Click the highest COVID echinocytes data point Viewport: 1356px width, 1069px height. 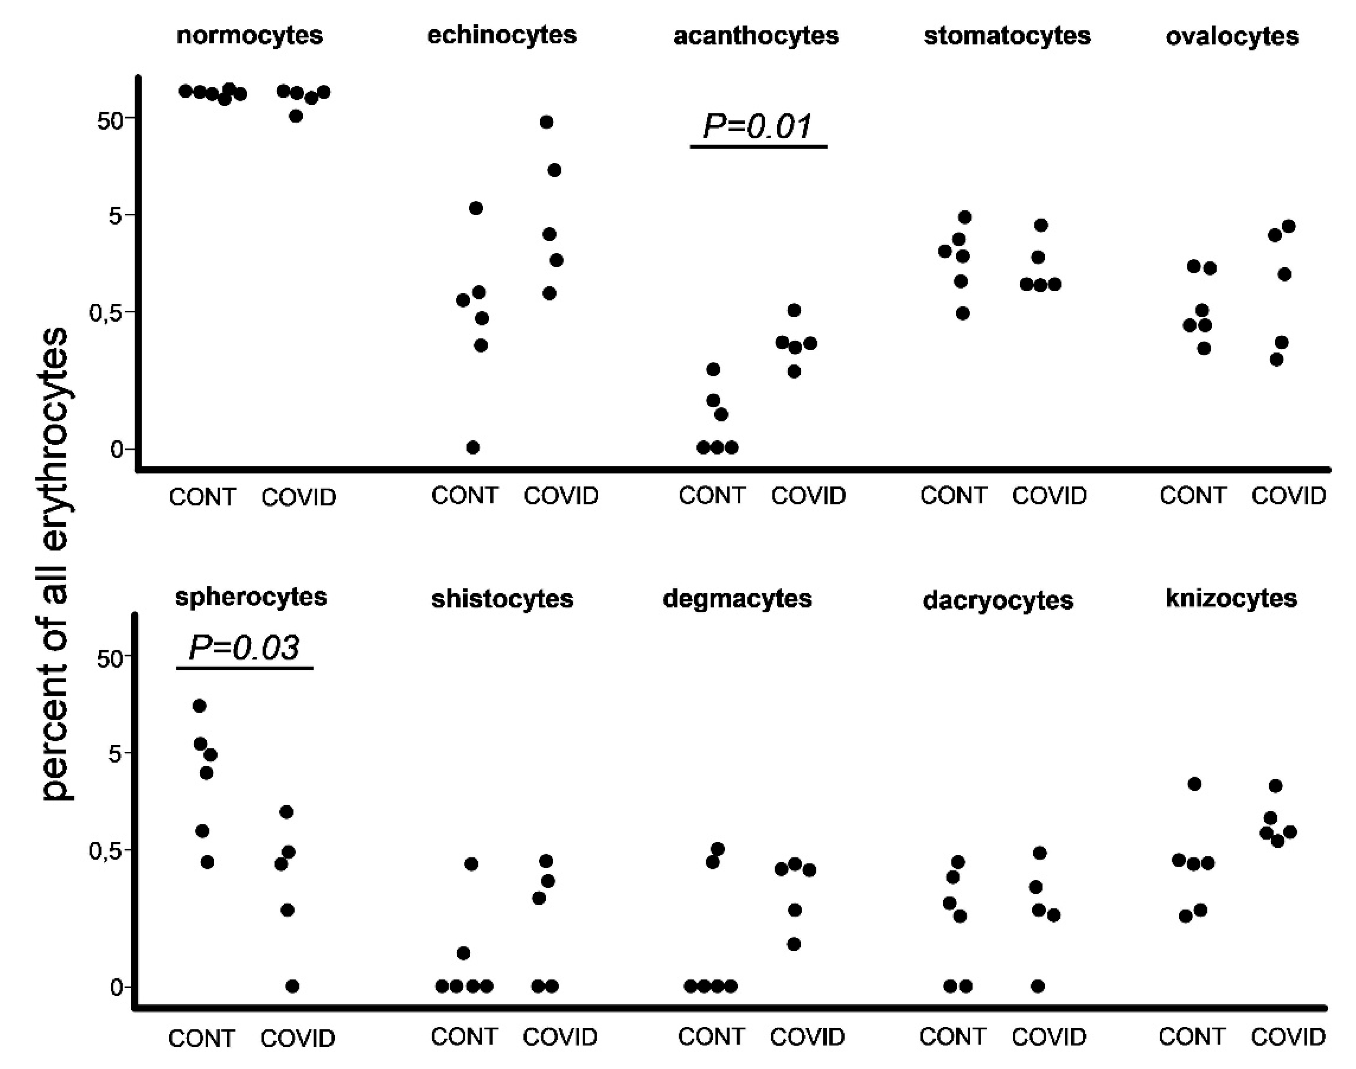click(546, 122)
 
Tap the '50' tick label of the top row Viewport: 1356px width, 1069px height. click(110, 121)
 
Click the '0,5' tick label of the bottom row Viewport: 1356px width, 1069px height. click(105, 851)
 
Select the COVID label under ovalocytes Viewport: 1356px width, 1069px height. click(1288, 496)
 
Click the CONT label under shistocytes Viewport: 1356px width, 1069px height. click(464, 1036)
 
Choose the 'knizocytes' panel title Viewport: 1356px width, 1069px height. click(1231, 598)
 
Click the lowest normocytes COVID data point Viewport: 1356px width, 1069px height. click(296, 116)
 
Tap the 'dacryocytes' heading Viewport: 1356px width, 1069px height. click(998, 600)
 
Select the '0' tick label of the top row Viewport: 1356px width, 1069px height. click(116, 449)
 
